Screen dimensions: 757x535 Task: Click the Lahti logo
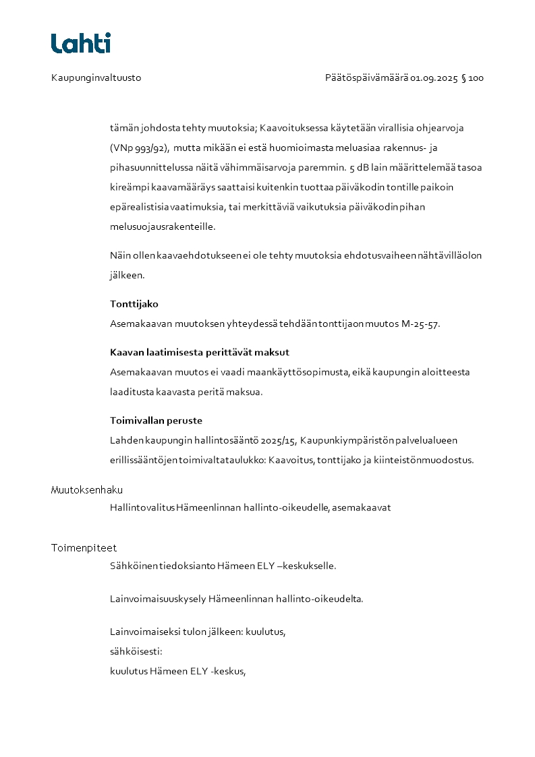pyautogui.click(x=81, y=43)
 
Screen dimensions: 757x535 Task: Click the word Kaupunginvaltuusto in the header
pyautogui.click(x=96, y=78)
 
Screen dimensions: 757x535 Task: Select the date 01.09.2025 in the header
pyautogui.click(x=434, y=78)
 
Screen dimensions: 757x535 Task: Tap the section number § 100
pyautogui.click(x=472, y=78)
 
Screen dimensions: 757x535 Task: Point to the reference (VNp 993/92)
pyautogui.click(x=139, y=148)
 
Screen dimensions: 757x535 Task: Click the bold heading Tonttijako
pyautogui.click(x=134, y=304)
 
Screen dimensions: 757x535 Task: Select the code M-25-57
pyautogui.click(x=419, y=324)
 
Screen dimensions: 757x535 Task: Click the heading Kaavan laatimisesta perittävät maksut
pyautogui.click(x=200, y=353)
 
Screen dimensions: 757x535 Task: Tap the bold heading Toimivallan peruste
pyautogui.click(x=156, y=421)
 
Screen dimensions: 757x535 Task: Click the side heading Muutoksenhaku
pyautogui.click(x=86, y=490)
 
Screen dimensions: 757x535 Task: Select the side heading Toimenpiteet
pyautogui.click(x=84, y=548)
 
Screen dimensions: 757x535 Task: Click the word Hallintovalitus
pyautogui.click(x=142, y=508)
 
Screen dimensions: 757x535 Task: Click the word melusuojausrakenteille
pyautogui.click(x=163, y=227)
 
